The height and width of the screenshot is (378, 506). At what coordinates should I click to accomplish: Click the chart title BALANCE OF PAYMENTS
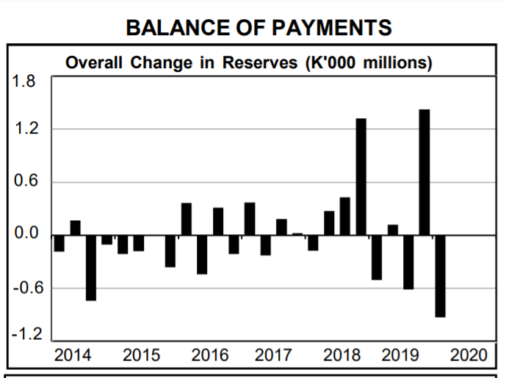click(x=259, y=27)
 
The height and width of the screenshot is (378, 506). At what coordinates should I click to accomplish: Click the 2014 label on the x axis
click(x=73, y=355)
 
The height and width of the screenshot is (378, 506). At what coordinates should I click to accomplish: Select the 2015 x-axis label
click(x=141, y=355)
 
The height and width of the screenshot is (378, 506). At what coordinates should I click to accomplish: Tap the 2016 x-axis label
click(x=210, y=355)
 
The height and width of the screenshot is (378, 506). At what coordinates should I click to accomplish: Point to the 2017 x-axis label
click(x=272, y=355)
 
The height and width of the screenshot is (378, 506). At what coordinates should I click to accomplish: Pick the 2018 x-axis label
click(x=341, y=355)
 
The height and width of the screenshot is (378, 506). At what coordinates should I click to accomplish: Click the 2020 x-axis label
click(x=469, y=355)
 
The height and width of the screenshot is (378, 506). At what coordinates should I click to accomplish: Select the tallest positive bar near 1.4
click(x=424, y=172)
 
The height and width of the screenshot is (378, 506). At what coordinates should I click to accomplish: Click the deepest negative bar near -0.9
click(x=440, y=276)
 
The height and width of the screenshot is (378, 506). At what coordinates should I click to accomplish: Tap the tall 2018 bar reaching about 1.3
click(x=361, y=177)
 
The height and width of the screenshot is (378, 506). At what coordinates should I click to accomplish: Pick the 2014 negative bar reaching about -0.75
click(x=91, y=268)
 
